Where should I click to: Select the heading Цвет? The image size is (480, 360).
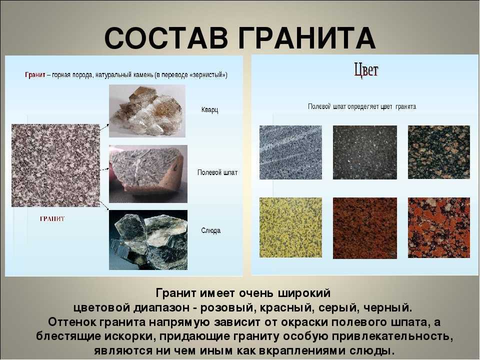tap(366, 70)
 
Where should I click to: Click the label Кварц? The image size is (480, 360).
tap(209, 109)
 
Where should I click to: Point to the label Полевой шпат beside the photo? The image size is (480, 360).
tap(217, 172)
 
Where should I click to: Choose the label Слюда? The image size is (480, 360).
tap(210, 230)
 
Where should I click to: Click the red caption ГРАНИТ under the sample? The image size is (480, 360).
tap(52, 218)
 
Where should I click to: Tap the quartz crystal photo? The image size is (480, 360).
tap(147, 111)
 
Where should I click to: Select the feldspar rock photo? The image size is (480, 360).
tap(148, 174)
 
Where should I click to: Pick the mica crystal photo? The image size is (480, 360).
tap(148, 239)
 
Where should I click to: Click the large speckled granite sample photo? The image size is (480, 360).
tap(55, 165)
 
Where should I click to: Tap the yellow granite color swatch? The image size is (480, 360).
tap(290, 227)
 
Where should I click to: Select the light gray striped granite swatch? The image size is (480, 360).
tap(290, 152)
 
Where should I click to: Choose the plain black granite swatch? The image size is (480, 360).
tap(365, 152)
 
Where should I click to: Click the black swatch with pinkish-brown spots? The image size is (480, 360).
tap(438, 152)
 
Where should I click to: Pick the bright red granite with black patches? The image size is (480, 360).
tap(438, 228)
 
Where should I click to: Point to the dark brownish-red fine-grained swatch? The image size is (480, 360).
tap(365, 228)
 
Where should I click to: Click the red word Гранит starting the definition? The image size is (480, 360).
tap(35, 74)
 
